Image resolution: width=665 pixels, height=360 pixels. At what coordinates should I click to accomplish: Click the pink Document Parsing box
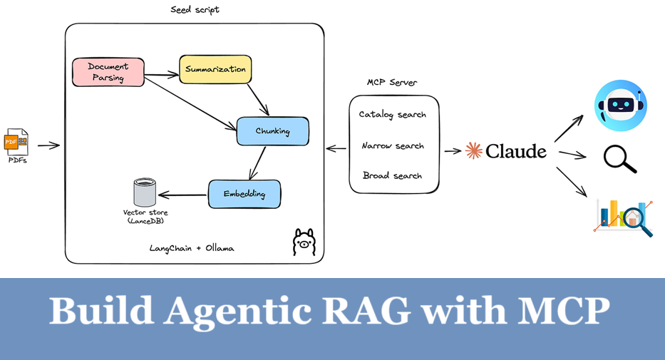point(108,72)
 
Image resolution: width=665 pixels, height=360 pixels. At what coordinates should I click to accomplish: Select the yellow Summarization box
point(215,69)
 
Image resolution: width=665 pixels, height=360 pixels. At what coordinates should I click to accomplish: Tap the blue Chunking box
point(272,131)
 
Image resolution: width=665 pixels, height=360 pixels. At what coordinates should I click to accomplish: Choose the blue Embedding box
point(244,194)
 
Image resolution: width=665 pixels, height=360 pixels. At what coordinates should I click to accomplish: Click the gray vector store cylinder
point(144,192)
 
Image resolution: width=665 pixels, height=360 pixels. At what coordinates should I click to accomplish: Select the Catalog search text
point(393,114)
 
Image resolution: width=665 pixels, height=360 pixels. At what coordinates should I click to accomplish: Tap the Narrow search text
point(393,145)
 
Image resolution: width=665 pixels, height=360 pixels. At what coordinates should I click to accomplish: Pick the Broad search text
point(393,175)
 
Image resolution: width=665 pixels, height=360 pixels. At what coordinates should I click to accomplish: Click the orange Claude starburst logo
point(473,150)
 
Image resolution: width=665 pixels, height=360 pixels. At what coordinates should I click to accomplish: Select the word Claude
point(516,150)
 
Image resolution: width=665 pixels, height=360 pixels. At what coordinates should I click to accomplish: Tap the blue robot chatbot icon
point(620,106)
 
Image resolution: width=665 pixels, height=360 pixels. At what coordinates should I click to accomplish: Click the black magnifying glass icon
point(619,158)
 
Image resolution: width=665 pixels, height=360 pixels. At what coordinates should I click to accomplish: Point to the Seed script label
point(195,9)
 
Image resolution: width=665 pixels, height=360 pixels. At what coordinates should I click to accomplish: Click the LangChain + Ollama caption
point(192,248)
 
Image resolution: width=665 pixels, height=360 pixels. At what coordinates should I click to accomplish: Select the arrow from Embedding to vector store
point(182,194)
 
